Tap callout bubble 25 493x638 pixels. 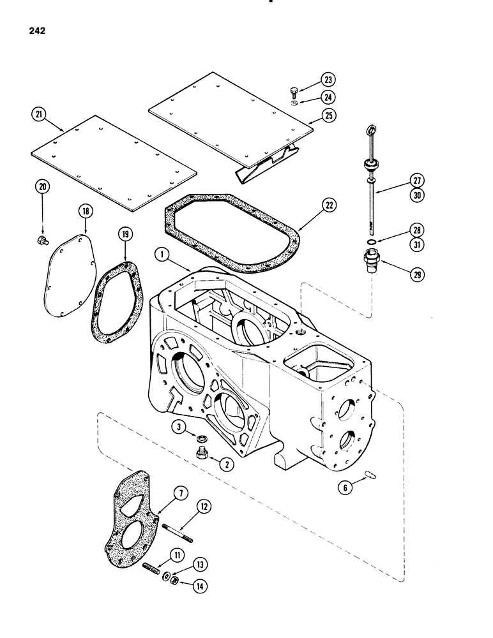330,115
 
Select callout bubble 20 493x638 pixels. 43,187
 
